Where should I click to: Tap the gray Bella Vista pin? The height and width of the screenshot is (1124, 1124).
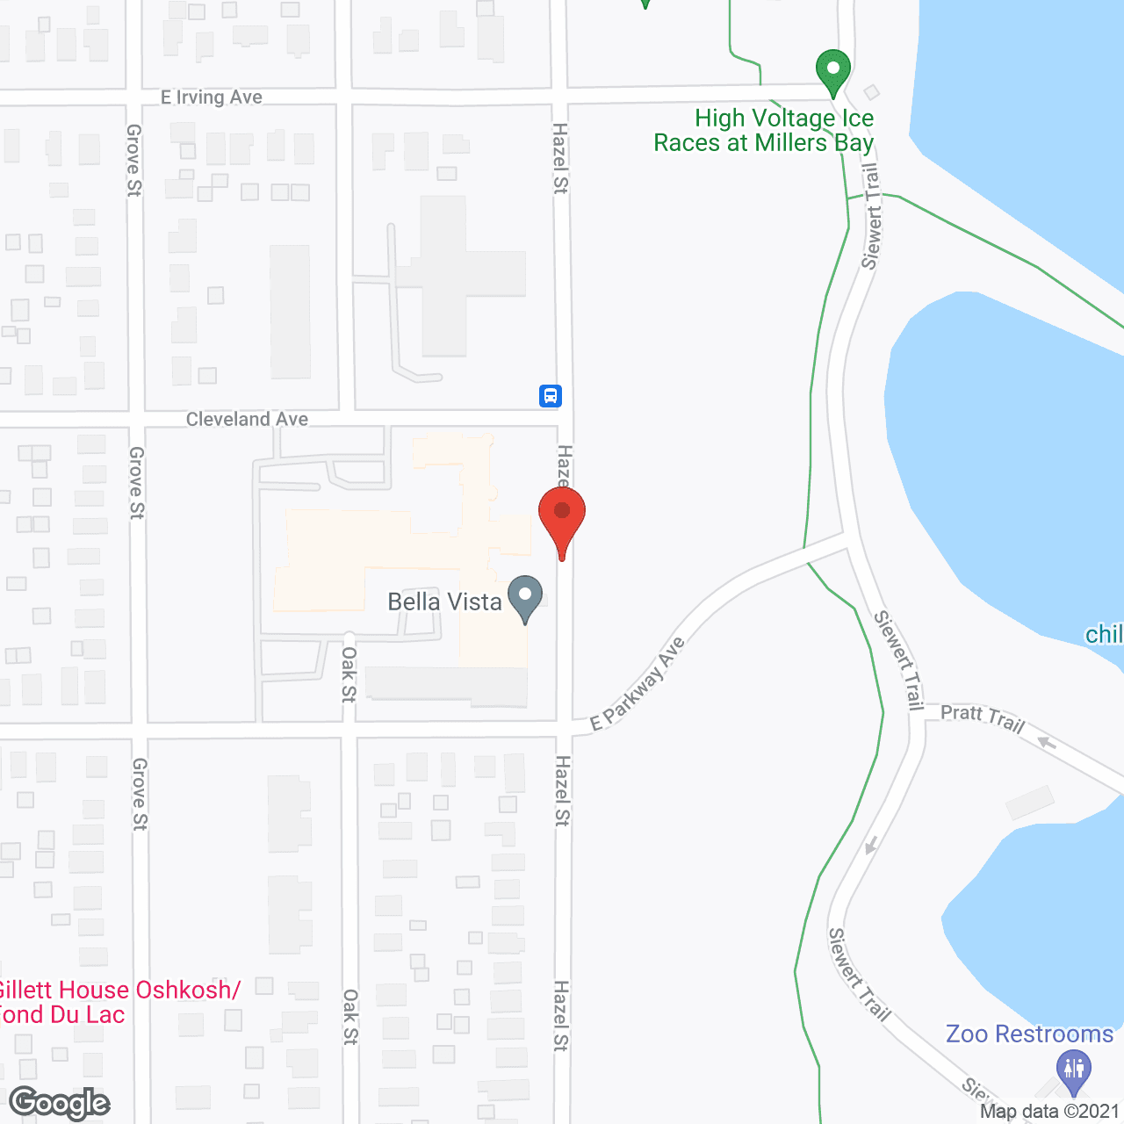525,597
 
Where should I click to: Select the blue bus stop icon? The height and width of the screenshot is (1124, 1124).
551,396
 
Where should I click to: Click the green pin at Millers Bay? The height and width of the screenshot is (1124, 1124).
832,71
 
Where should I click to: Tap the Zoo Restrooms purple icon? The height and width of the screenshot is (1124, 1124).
1074,1072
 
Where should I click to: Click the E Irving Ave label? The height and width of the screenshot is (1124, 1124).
212,97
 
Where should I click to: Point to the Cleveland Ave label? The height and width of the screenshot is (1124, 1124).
247,420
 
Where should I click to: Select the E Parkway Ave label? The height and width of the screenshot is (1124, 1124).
638,684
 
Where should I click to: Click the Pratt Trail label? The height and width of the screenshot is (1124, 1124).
983,717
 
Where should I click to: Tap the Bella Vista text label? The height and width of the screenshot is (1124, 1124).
444,602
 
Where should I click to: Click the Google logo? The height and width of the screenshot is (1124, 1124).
60,1103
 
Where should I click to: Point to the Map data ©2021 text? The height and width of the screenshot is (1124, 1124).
1049,1112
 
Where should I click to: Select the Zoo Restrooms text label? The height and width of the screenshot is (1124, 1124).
1029,1034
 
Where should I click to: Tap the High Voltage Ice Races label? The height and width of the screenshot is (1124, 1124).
764,130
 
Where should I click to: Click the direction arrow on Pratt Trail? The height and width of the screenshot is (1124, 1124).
1046,743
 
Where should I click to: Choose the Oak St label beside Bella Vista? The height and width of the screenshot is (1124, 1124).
349,674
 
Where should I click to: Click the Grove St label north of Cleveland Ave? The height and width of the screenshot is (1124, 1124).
133,160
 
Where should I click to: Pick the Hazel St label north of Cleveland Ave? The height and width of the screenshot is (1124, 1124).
560,158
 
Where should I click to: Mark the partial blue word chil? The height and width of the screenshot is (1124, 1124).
1104,634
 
